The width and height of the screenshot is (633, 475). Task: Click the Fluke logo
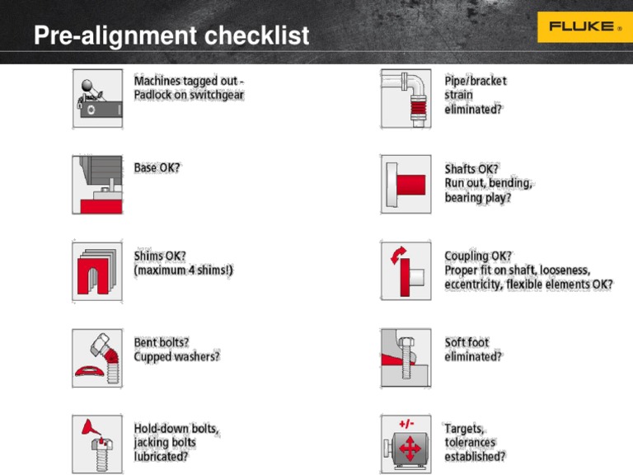click(x=580, y=26)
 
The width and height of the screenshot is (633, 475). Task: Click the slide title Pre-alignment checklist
click(x=171, y=36)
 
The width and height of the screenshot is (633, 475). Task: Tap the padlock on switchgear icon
click(x=97, y=98)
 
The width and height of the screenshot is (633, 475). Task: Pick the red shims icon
click(x=97, y=270)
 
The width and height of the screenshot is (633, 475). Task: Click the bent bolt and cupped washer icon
click(x=97, y=358)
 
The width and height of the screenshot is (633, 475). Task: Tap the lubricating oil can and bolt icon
click(x=97, y=444)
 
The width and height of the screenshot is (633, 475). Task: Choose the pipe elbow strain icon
click(x=406, y=98)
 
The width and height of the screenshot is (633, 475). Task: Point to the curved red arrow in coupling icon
click(x=396, y=256)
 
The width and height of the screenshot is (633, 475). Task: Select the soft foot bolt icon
click(x=406, y=358)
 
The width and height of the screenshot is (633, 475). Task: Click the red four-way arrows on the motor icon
click(x=406, y=451)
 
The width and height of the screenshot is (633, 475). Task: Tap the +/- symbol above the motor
click(x=406, y=424)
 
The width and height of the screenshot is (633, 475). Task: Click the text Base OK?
click(x=157, y=167)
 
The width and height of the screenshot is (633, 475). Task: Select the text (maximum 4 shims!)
click(x=183, y=270)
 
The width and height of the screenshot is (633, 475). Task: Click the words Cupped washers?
click(x=176, y=357)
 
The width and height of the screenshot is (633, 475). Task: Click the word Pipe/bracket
click(x=476, y=81)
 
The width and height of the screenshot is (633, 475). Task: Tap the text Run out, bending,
click(x=488, y=182)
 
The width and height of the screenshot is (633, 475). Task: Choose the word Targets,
click(x=465, y=429)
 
